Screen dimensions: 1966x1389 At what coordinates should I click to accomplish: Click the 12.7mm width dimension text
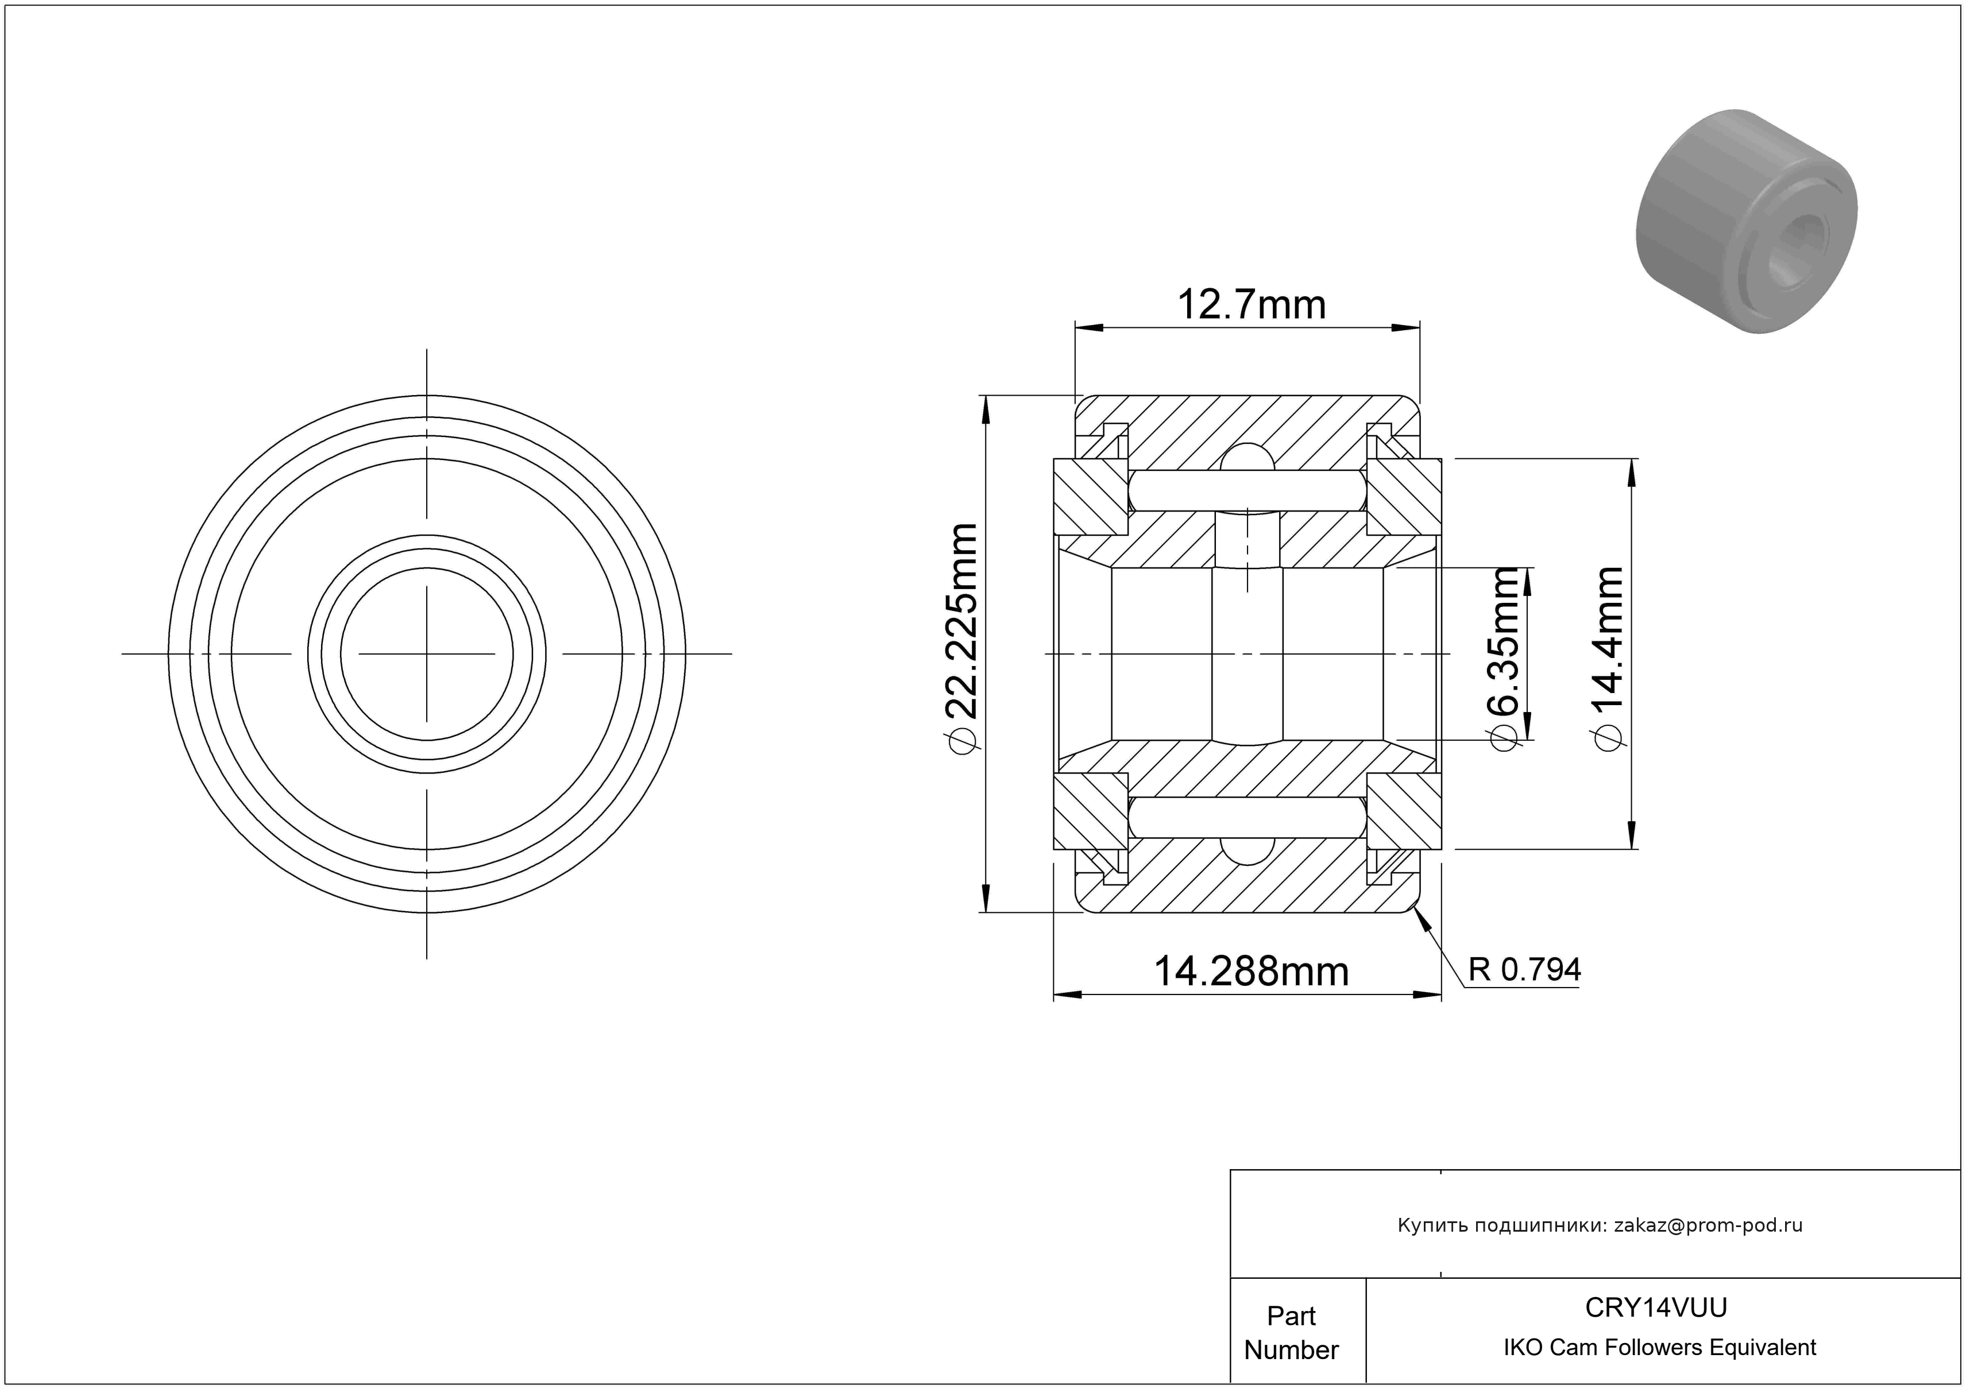click(1252, 305)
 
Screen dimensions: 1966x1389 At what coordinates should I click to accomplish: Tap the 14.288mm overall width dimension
click(1251, 972)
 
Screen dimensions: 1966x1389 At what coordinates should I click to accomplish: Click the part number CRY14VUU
click(1656, 1307)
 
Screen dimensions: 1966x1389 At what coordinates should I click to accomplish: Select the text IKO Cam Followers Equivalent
click(1659, 1348)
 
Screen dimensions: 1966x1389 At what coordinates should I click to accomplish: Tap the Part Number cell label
click(1291, 1333)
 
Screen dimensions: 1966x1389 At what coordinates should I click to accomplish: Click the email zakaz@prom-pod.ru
click(1708, 1225)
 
